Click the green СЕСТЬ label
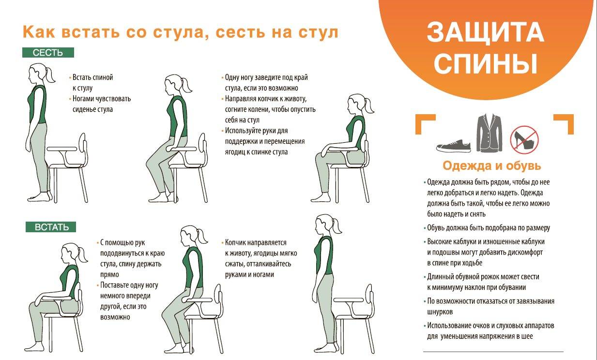[48, 52]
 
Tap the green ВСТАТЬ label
[51, 227]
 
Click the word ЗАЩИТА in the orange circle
[485, 32]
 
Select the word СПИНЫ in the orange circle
[485, 63]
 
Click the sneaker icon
[454, 146]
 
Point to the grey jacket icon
[490, 133]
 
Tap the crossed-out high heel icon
[524, 140]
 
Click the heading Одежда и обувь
[492, 165]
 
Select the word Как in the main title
[39, 31]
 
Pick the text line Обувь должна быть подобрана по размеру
[489, 228]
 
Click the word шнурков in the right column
[440, 312]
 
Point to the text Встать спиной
[93, 77]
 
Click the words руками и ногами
[249, 274]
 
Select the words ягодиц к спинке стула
[257, 152]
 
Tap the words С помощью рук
[122, 242]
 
